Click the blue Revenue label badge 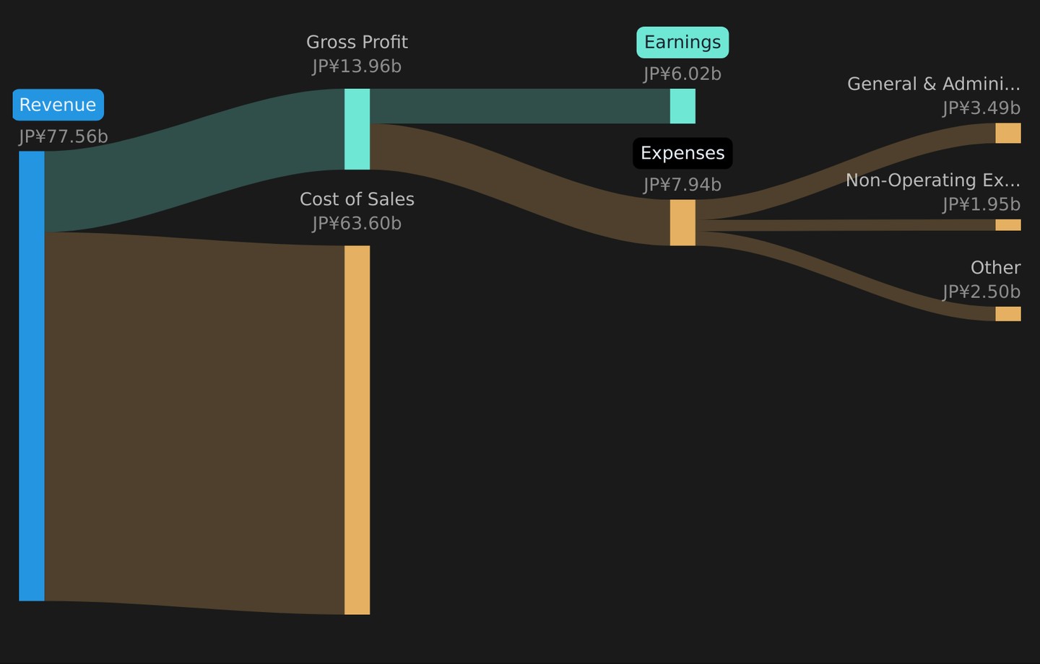coord(58,105)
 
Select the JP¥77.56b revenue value coord(64,137)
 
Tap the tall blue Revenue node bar coord(32,376)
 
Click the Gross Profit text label coord(357,43)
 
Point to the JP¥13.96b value coord(357,66)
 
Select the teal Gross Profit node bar coord(357,129)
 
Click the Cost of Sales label coord(357,199)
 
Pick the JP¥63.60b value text coord(357,224)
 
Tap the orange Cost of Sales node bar coord(357,430)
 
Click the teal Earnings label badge coord(682,43)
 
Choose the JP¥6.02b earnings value coord(682,74)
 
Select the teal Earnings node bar coord(682,106)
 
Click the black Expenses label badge coord(682,153)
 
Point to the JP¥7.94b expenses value coord(682,185)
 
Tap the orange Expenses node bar coord(682,223)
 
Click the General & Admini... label coord(934,84)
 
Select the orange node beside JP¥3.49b coord(1008,134)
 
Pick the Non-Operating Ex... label coord(933,180)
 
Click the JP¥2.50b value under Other coord(981,292)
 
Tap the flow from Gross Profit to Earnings coord(520,106)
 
